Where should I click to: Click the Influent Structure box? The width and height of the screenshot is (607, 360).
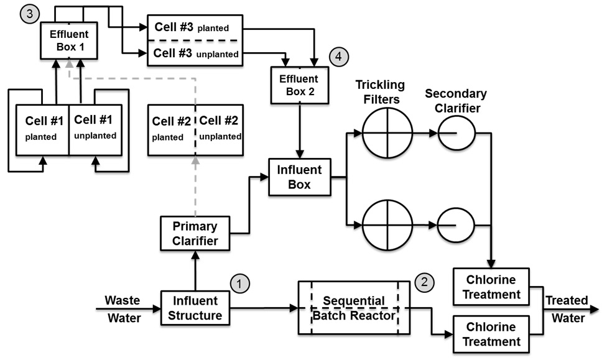pos(196,308)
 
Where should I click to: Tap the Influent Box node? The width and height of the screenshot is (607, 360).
pos(300,177)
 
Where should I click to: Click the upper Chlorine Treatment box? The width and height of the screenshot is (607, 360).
pos(492,286)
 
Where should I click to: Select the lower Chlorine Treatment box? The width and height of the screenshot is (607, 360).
pos(492,334)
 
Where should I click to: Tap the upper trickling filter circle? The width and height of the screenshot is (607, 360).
pos(387,133)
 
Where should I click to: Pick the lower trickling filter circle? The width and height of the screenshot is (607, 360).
pos(387,224)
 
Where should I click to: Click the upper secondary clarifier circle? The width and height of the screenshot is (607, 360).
pos(457,133)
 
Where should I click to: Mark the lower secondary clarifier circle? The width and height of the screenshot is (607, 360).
pos(457,224)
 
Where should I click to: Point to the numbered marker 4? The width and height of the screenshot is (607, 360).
pos(338,57)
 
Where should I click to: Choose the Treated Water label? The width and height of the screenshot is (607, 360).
pos(566,309)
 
